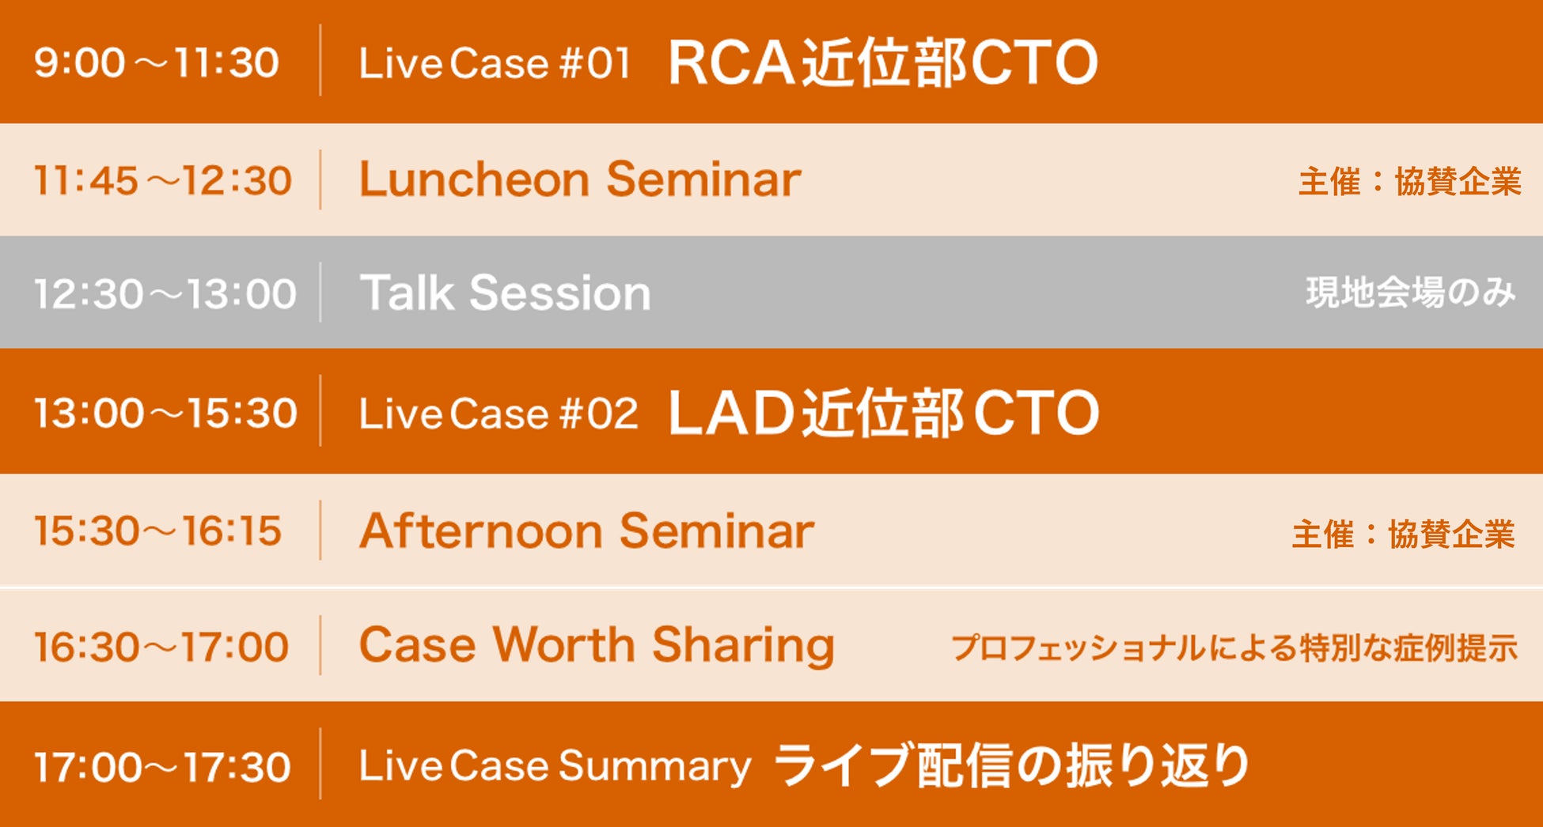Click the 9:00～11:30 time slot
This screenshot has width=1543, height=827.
[x=157, y=62]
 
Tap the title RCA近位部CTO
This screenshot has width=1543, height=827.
[x=883, y=62]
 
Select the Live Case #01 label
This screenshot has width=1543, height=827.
[x=495, y=63]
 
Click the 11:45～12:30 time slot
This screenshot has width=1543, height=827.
[x=162, y=180]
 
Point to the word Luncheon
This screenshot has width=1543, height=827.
[x=474, y=179]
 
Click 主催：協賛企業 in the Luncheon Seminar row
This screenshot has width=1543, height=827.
[x=1409, y=181]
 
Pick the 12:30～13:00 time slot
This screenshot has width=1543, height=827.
[x=165, y=293]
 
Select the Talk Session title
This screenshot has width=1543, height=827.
[x=505, y=293]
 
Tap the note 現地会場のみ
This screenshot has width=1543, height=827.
[x=1411, y=293]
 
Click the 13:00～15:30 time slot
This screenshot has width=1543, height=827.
[x=165, y=413]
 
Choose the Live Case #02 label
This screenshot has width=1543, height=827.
[x=499, y=413]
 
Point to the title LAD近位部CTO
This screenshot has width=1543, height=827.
[x=884, y=412]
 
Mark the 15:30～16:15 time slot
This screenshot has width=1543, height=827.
[x=157, y=531]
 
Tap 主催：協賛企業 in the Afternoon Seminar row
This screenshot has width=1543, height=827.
[x=1404, y=534]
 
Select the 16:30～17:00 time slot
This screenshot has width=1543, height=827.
[x=161, y=647]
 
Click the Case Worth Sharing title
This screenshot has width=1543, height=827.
[x=597, y=646]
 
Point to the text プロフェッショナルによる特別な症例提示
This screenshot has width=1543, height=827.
[x=1234, y=648]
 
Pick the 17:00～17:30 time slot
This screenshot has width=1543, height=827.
[x=162, y=767]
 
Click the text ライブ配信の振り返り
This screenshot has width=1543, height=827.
[x=1011, y=765]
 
